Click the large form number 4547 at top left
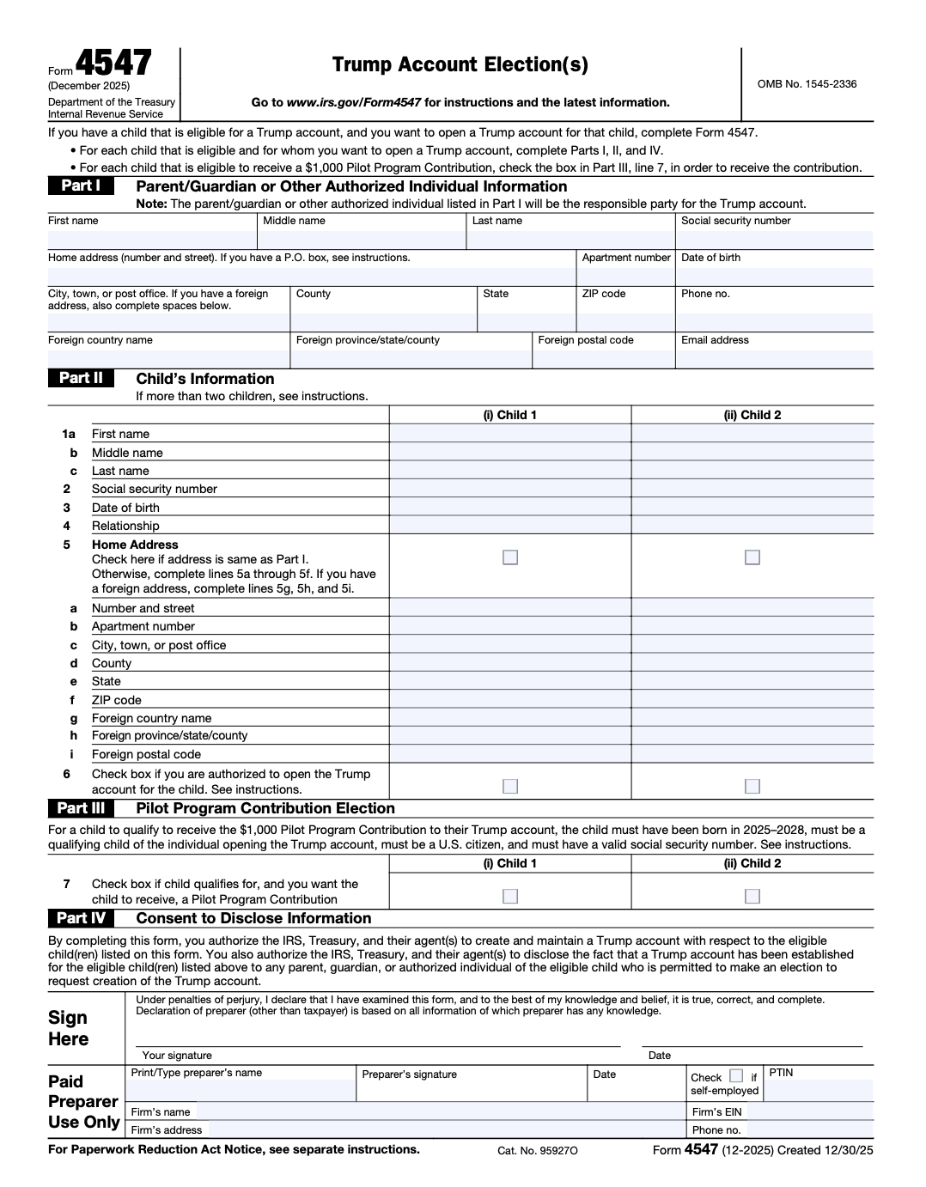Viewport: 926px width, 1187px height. point(113,64)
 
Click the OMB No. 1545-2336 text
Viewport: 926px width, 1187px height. point(807,84)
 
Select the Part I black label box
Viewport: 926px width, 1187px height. point(81,186)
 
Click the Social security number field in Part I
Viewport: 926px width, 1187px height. point(774,240)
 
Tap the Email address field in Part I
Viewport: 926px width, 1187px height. point(774,358)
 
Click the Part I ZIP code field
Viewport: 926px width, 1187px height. point(624,321)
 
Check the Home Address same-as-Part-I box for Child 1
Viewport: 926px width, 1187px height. point(510,557)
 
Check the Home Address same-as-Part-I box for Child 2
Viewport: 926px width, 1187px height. point(752,557)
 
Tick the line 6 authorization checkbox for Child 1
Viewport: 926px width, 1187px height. point(510,786)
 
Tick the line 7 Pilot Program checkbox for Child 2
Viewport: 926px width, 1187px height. point(752,896)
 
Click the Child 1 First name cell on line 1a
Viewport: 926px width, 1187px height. point(509,434)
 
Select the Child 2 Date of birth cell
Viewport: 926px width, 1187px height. point(752,508)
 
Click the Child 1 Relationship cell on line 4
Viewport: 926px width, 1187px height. point(509,526)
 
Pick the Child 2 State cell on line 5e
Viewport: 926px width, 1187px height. point(752,681)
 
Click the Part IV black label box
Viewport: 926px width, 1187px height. point(82,918)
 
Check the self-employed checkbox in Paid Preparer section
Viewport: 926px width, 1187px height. point(736,1075)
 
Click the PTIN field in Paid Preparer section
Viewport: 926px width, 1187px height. point(818,1091)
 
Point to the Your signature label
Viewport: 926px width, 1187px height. point(177,1056)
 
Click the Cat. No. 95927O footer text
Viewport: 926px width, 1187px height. point(538,1150)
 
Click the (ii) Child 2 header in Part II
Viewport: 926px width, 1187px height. point(752,415)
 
